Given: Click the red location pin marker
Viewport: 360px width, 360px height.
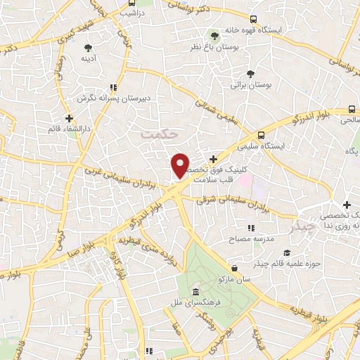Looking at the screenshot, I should click(181, 165).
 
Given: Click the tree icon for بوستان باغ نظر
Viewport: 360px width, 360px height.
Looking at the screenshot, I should click(215, 35).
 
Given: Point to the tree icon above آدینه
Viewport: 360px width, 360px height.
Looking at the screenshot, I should click(88, 48).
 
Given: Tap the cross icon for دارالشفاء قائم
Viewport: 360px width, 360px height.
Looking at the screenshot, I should click(68, 118).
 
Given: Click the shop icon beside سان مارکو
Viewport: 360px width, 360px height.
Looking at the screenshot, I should click(233, 268).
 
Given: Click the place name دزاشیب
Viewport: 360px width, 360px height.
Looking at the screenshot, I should click(130, 13).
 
